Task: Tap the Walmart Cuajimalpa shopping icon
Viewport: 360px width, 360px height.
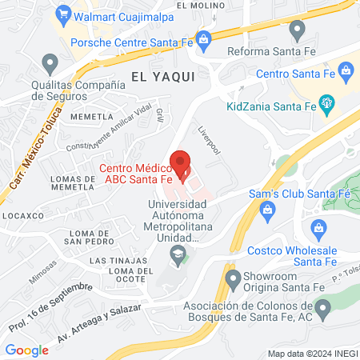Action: [63, 14]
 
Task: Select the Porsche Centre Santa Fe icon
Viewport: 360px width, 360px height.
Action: [204, 38]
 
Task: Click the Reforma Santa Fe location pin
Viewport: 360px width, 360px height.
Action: [298, 30]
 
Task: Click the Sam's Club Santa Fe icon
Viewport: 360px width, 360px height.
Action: [268, 209]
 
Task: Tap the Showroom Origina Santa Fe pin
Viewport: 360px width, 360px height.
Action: [233, 280]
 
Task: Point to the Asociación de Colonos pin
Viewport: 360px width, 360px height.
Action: [323, 307]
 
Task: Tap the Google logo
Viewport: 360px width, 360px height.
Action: [27, 350]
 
